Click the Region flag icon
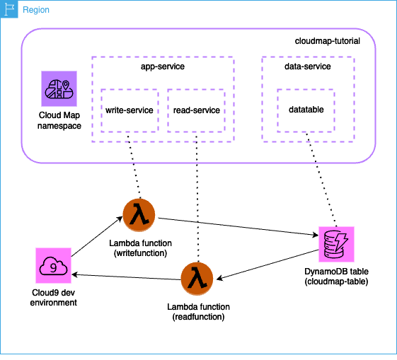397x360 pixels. (10, 11)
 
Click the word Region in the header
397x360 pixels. (36, 11)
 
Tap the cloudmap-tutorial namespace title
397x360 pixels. (327, 42)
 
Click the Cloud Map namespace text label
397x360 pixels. (59, 120)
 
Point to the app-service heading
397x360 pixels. (163, 66)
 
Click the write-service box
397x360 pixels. (130, 110)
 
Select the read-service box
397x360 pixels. (196, 110)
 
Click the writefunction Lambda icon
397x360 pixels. (138, 214)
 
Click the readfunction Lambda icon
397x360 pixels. (197, 279)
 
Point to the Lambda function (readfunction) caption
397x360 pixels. (197, 312)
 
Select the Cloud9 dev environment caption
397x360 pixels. (54, 297)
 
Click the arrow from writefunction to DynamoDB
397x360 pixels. (234, 227)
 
